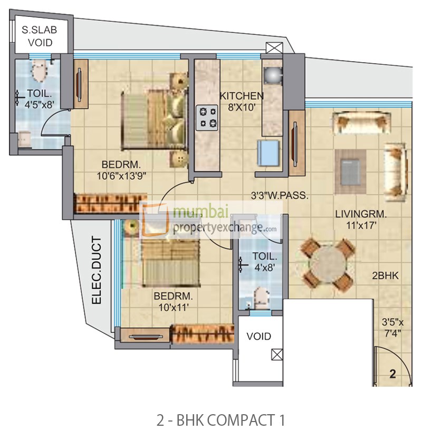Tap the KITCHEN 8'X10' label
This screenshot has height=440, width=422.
point(241,101)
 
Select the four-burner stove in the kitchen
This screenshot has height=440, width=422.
point(206,118)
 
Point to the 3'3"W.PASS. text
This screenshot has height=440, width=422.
point(279,195)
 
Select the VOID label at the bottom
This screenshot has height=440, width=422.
point(258,336)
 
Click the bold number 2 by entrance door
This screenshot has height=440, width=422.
point(392,375)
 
